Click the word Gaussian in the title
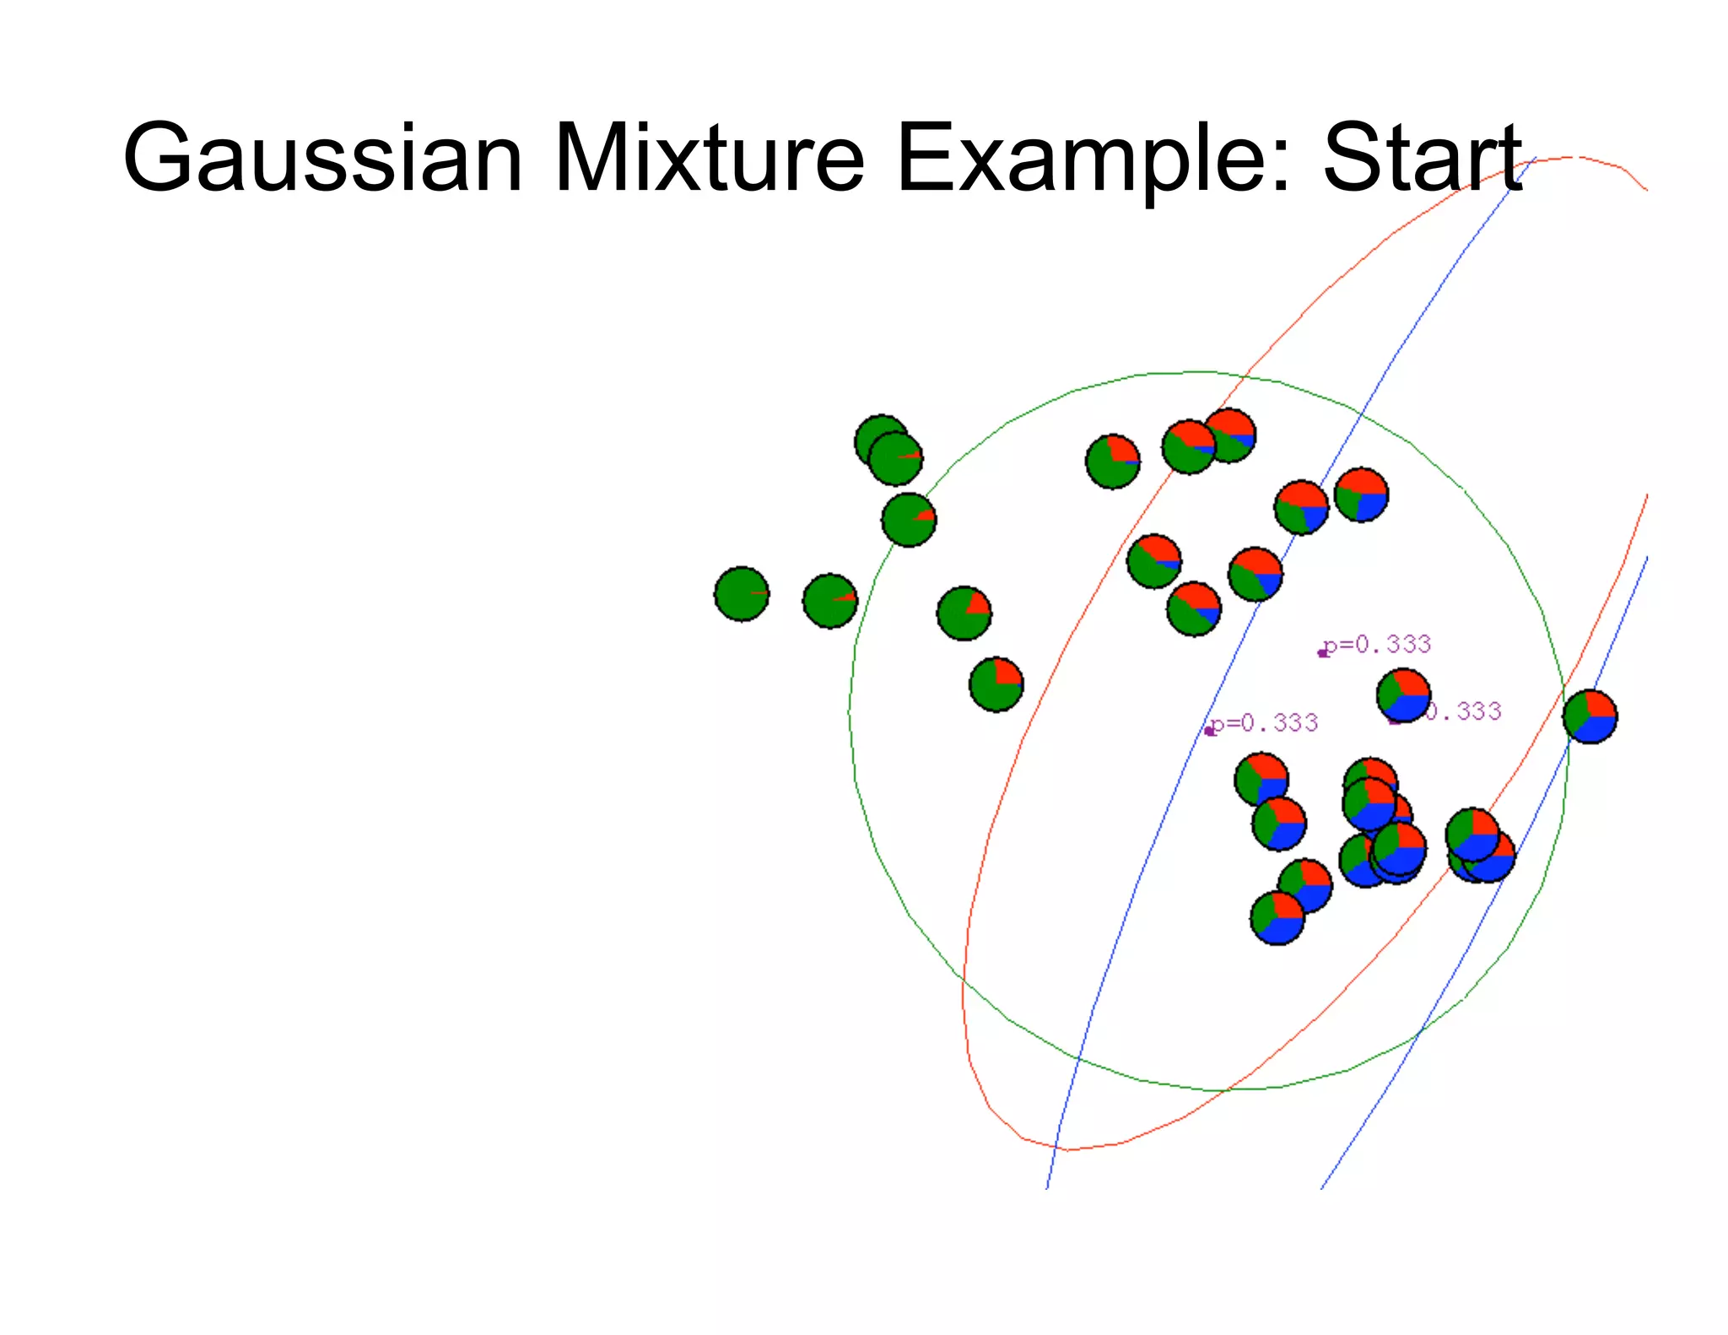tap(322, 158)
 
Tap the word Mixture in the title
tap(709, 158)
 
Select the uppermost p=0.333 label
tap(1378, 645)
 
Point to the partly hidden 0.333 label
tap(1463, 711)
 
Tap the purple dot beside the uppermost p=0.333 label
tap(1323, 653)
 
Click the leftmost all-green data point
tap(742, 594)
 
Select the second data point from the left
tap(830, 601)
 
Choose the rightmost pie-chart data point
tap(1590, 716)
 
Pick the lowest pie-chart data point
tap(1277, 917)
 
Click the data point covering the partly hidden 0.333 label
tap(1403, 695)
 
